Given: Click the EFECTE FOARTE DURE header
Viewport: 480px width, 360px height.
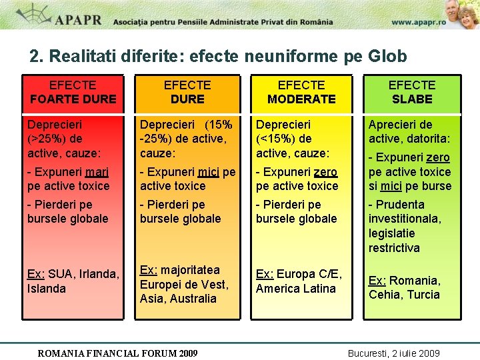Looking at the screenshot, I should (73, 92).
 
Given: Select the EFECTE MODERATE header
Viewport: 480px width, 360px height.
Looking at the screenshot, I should (301, 92).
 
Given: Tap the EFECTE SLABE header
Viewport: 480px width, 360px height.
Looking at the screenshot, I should (412, 92).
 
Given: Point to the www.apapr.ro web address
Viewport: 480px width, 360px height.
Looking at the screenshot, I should (419, 21).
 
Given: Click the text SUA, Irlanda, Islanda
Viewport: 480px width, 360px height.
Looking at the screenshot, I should (73, 281).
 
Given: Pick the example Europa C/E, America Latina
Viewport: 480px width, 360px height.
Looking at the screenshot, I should (299, 281).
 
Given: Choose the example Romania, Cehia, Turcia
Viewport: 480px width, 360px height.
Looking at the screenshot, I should (405, 287).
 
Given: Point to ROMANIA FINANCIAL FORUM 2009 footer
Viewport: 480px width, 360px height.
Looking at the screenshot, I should (117, 353).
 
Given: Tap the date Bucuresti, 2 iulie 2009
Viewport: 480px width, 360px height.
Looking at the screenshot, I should (394, 353).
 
